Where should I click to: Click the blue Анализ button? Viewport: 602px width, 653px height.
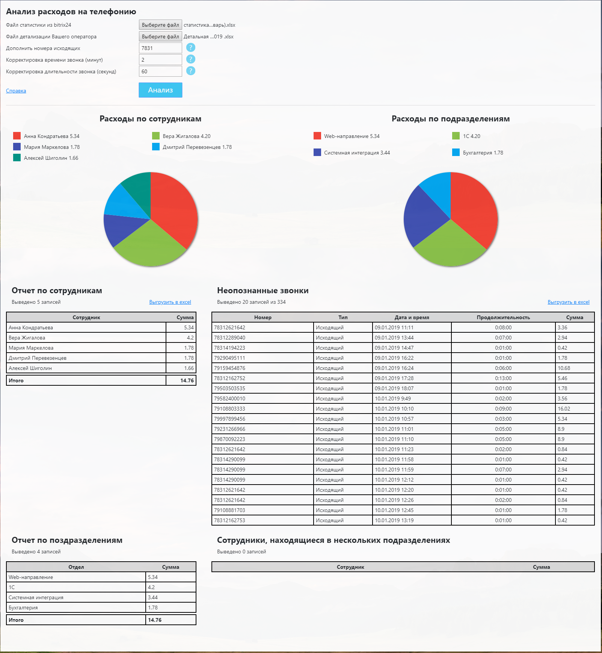pos(160,90)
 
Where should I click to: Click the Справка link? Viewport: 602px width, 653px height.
pos(16,91)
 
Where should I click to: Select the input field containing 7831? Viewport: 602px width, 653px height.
pos(160,48)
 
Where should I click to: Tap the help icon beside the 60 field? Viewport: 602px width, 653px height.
pos(191,71)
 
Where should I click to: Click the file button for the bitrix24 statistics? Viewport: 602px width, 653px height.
pos(160,25)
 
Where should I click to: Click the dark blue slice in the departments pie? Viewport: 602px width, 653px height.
pos(422,216)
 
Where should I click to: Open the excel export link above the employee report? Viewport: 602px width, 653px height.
pos(170,302)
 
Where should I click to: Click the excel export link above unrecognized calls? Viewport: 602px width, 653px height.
pos(568,302)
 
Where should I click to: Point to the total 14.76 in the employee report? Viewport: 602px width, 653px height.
pos(187,380)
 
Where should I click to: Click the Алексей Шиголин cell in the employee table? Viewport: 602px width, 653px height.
pos(30,368)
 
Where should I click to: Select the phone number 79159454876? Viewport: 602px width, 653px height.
pos(229,368)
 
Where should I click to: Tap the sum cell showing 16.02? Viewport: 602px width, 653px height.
pos(564,409)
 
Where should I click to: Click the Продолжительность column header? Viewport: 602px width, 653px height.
pos(503,317)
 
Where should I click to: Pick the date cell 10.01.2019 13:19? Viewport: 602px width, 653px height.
pos(394,520)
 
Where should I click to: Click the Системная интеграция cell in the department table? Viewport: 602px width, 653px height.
pos(36,597)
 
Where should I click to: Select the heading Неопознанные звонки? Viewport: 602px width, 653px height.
pos(263,291)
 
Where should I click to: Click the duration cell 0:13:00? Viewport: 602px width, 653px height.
pos(503,378)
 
